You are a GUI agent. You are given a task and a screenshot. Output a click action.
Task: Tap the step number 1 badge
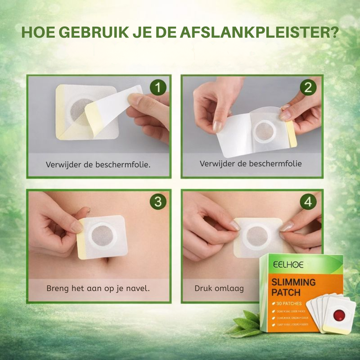click(x=158, y=88)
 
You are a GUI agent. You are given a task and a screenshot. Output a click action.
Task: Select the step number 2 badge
click(x=308, y=88)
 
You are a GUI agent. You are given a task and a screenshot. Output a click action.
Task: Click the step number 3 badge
click(x=158, y=202)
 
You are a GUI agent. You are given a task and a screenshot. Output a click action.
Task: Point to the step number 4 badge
click(x=308, y=202)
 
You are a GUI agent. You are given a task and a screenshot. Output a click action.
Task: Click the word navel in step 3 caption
click(x=139, y=288)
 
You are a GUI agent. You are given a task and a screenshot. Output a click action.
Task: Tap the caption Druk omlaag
click(x=219, y=288)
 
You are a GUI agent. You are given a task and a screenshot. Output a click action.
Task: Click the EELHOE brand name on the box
click(x=283, y=265)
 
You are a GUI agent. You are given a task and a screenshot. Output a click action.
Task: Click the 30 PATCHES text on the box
click(x=289, y=303)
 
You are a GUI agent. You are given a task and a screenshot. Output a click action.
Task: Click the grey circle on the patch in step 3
click(x=103, y=236)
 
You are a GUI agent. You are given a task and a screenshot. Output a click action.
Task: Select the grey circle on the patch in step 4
click(x=257, y=237)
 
